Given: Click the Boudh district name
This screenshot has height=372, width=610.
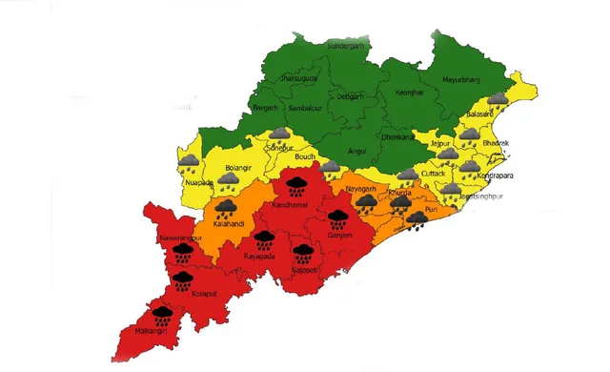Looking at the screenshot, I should tap(305, 157).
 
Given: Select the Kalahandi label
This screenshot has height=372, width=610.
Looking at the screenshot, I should tap(226, 222).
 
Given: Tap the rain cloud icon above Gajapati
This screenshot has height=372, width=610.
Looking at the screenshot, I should tap(302, 253).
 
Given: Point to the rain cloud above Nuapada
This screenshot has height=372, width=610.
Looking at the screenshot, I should tap(189, 165).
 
